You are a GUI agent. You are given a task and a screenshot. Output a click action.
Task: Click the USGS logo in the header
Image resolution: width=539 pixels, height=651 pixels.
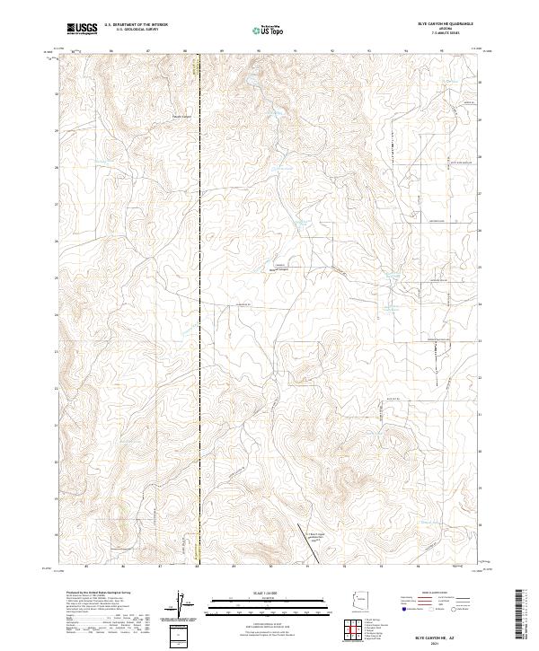(x=83, y=30)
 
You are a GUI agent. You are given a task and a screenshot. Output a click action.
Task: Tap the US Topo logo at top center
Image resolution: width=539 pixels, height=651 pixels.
(x=269, y=30)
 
